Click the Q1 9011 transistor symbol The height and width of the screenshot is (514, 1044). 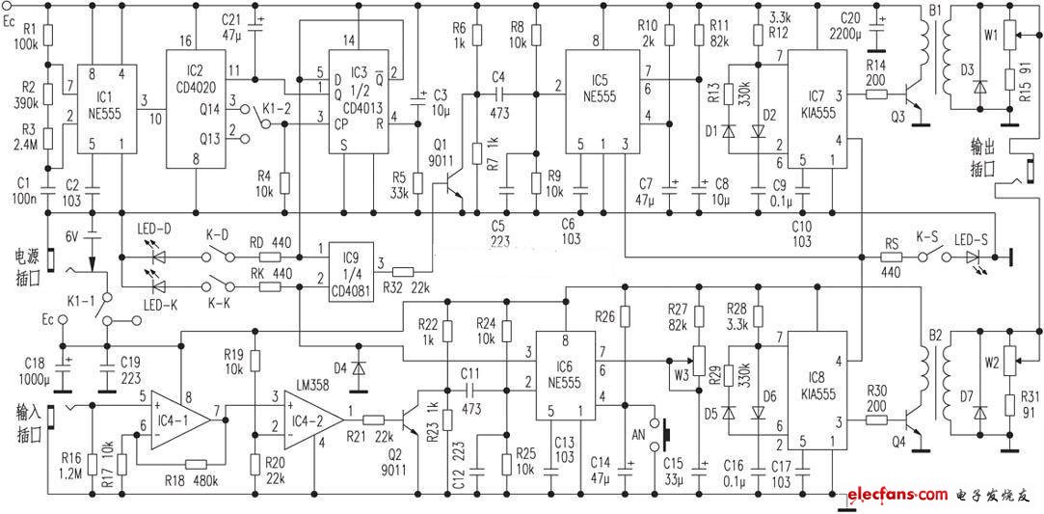pos(454,191)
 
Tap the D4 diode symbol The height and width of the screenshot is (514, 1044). pos(359,368)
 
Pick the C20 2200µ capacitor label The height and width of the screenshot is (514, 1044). pos(849,24)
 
